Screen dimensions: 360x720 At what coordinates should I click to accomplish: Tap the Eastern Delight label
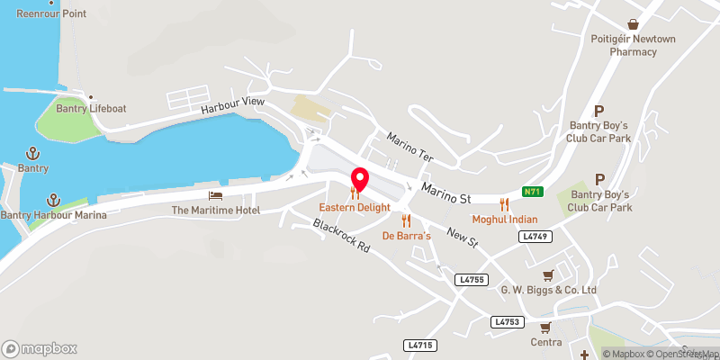(x=355, y=207)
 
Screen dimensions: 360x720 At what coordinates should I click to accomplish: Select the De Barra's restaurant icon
(x=407, y=220)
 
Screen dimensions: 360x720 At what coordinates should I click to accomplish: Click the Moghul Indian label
(x=505, y=219)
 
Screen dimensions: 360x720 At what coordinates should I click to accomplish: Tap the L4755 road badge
(x=471, y=281)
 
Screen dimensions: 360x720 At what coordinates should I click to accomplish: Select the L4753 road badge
(x=507, y=321)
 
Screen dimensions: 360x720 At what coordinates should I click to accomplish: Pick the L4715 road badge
(x=420, y=345)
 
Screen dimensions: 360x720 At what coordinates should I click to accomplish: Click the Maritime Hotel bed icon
(x=215, y=195)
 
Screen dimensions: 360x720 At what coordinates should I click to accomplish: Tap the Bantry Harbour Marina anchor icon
(x=53, y=199)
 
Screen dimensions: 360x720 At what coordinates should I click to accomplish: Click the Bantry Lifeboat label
(x=94, y=109)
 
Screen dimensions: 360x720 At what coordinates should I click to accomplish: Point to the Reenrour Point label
(x=51, y=13)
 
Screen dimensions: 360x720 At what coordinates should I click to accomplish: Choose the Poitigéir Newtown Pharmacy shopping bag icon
(x=634, y=24)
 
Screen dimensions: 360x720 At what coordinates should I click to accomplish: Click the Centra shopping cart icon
(x=545, y=328)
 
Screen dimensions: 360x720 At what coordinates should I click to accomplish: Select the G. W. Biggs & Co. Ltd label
(x=548, y=290)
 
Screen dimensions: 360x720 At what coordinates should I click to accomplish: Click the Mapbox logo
(x=40, y=348)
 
